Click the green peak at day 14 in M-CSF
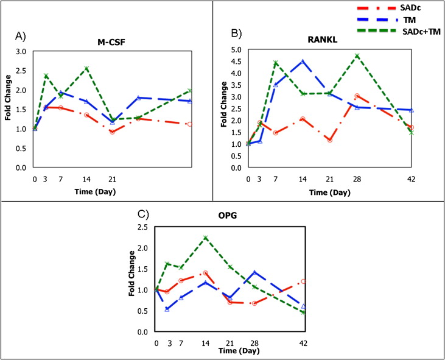[x=87, y=68]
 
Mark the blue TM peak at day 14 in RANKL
[x=302, y=62]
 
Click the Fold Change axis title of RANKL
[x=223, y=108]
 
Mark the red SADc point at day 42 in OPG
[x=303, y=281]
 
